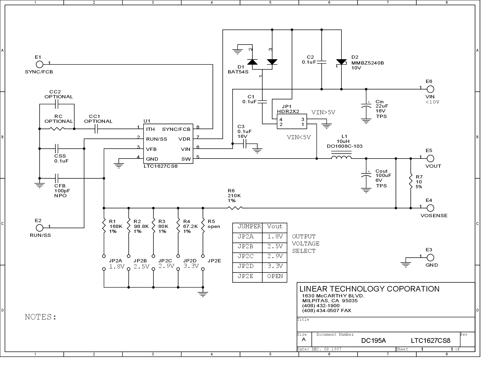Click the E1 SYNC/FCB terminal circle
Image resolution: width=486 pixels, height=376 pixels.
(x=40, y=65)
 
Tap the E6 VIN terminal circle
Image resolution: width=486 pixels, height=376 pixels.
(x=430, y=89)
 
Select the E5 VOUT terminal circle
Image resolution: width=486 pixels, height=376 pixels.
(x=430, y=159)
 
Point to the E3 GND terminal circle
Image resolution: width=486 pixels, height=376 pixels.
(x=430, y=257)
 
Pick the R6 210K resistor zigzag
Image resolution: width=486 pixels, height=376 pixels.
(x=235, y=208)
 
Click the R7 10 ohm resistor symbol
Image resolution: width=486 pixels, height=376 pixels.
(x=411, y=181)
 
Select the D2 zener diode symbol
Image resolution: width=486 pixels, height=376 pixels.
(x=341, y=62)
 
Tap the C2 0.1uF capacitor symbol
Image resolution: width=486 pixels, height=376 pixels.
(x=322, y=62)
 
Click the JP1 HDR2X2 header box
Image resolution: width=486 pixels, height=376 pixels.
(x=292, y=121)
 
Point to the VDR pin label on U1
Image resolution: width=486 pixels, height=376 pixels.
(x=184, y=139)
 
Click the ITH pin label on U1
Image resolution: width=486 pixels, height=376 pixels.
(x=150, y=129)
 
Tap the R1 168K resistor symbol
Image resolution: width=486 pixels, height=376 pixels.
(x=104, y=226)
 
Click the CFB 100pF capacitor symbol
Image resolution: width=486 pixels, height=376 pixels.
(x=57, y=178)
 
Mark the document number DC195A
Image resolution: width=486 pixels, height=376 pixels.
(x=373, y=341)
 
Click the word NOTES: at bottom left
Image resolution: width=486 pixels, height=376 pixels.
(x=40, y=317)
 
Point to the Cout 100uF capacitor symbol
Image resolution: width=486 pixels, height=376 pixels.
(x=366, y=175)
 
